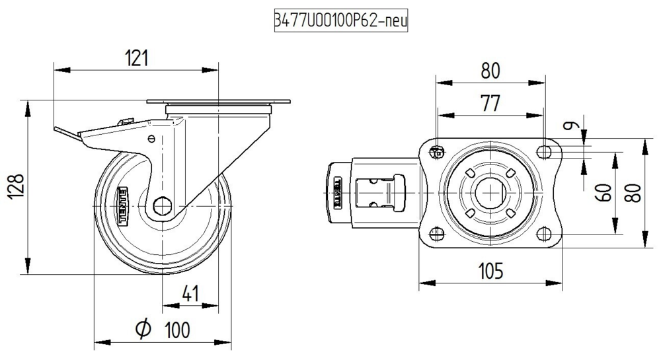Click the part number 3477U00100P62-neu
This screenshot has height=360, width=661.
(341, 21)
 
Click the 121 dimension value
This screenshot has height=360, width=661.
(136, 59)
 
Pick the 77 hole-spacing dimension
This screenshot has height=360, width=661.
(490, 104)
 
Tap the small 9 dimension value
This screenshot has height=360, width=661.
(572, 124)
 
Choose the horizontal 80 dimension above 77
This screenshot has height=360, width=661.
(490, 70)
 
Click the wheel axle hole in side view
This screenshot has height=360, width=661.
(161, 206)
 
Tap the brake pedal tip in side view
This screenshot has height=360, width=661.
(59, 131)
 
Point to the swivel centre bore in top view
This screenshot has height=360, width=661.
(490, 192)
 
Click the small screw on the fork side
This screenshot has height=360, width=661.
(152, 139)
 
